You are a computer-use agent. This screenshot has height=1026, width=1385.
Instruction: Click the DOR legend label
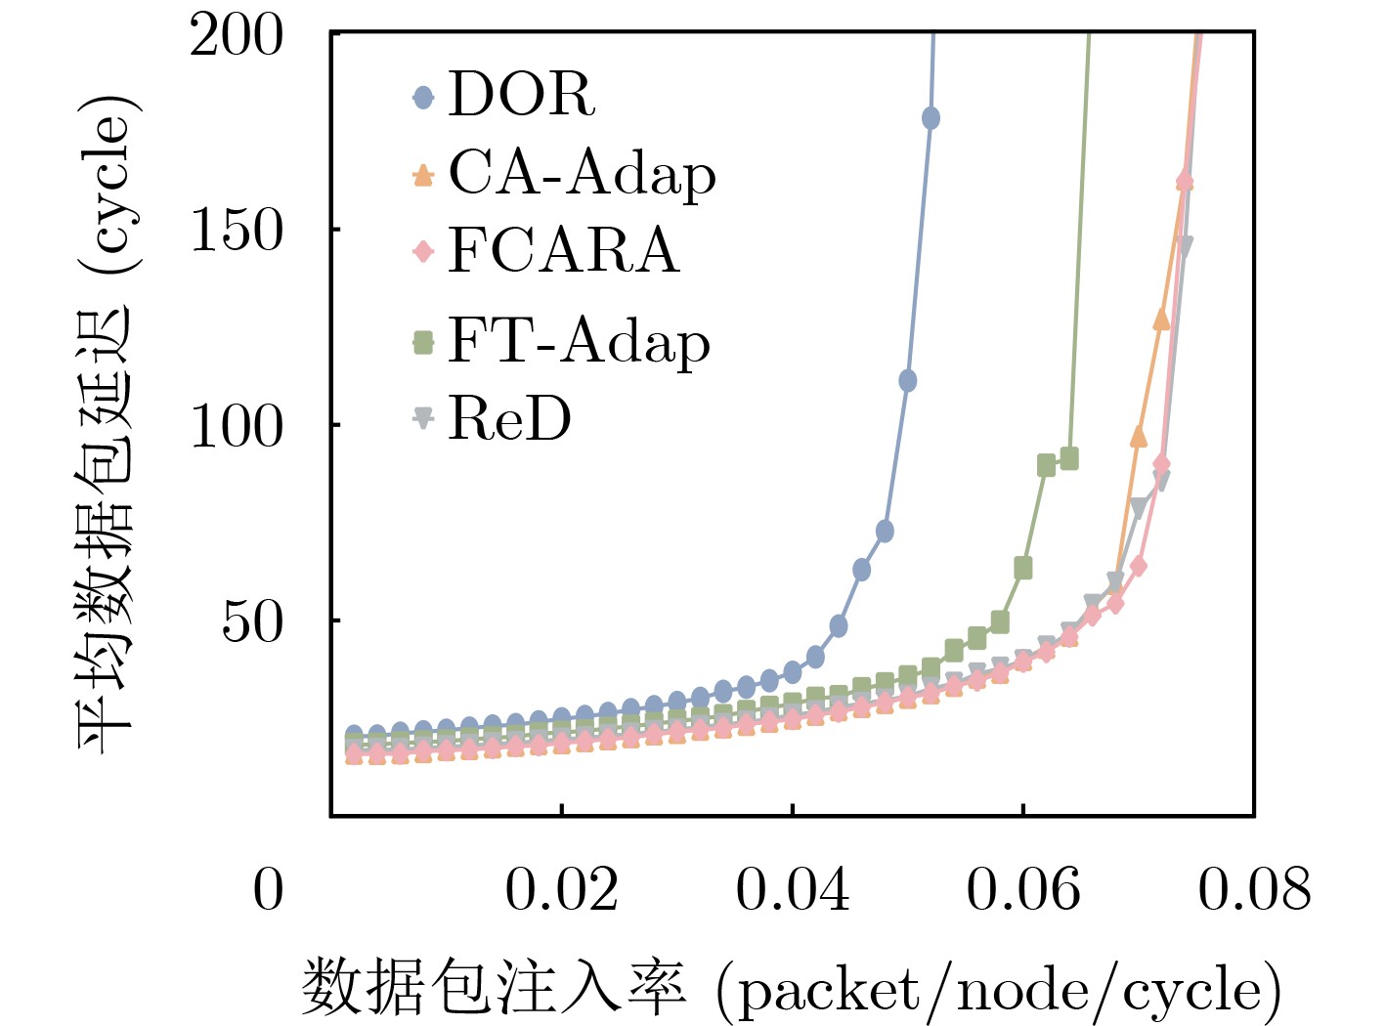point(521,95)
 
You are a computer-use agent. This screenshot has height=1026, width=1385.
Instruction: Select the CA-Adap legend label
point(582,174)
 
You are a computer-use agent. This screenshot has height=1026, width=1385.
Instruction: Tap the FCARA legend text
point(563,250)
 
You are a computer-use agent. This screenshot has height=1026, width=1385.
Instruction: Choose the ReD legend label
point(509,419)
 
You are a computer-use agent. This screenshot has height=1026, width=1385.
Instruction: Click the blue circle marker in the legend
point(422,97)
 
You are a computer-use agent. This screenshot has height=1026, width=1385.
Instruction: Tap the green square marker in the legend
point(422,342)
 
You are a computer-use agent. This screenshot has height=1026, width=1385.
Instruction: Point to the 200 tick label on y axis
point(236,36)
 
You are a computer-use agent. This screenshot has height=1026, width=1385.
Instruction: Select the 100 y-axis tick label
point(236,426)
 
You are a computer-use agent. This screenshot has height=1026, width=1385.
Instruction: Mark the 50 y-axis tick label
point(251,621)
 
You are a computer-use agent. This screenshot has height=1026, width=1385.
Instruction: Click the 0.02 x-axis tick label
point(561,890)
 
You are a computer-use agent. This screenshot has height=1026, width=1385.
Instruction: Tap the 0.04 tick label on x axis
point(792,890)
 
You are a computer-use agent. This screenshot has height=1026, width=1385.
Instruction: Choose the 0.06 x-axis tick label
point(1022,890)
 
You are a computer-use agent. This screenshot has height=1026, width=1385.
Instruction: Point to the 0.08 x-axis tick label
point(1253,890)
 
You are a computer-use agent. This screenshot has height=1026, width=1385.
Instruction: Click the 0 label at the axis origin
point(268,890)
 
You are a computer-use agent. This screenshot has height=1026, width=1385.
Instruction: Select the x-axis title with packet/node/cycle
point(791,989)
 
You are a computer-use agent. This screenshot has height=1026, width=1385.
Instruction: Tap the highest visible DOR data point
point(931,118)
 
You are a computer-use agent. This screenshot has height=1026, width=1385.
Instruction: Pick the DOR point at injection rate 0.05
point(907,380)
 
